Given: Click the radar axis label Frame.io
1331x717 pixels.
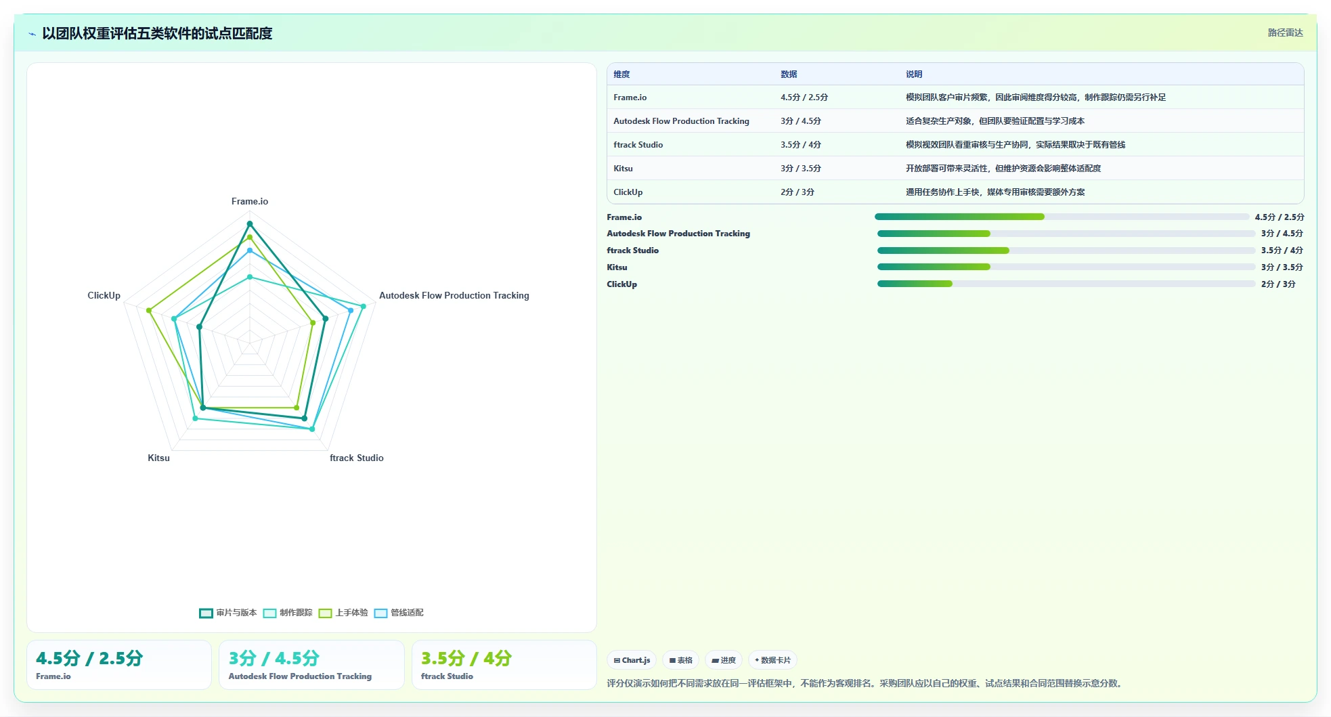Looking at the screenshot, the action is point(250,201).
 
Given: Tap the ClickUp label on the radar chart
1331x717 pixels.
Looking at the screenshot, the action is point(104,295).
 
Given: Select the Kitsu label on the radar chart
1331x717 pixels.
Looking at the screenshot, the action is point(158,458).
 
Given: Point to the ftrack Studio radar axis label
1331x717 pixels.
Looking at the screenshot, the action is point(357,458).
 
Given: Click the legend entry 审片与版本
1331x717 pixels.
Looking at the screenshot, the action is point(228,613).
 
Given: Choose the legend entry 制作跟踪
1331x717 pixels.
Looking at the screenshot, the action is point(288,613).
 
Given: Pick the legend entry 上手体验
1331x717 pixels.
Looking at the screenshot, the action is point(343,613).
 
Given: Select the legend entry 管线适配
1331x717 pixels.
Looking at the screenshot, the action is point(399,613).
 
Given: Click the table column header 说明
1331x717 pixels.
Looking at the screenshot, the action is point(914,74).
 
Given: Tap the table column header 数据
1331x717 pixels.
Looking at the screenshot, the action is point(789,74).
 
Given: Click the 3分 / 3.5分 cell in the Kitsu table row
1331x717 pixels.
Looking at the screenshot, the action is point(801,169).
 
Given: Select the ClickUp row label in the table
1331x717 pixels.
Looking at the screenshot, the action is point(628,192).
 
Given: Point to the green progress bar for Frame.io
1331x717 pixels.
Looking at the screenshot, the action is point(959,217).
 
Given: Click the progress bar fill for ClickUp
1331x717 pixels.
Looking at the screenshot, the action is point(915,284).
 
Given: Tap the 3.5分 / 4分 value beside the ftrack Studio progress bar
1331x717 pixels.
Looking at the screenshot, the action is point(1282,251).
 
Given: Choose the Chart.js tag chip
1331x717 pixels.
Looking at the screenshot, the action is point(632,660).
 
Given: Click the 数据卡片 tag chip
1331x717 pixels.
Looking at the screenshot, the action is point(772,660).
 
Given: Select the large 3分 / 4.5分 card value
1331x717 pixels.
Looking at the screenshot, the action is point(274,658).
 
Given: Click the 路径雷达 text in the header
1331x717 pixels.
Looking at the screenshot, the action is point(1285,32).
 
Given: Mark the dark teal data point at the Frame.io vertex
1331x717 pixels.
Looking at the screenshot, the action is point(250,223).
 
